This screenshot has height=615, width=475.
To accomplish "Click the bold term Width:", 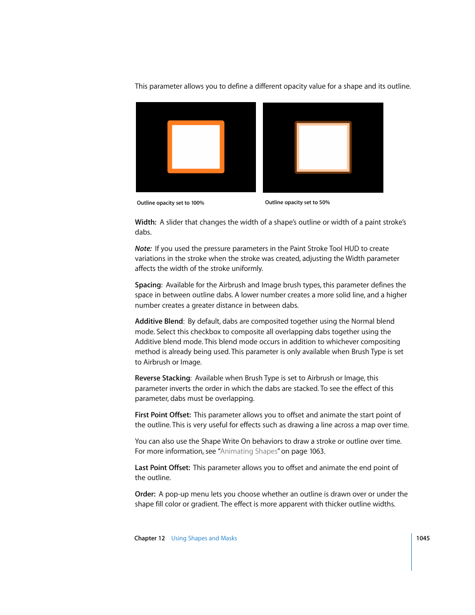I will pyautogui.click(x=145, y=222).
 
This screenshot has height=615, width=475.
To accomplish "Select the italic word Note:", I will pyautogui.click(x=143, y=248).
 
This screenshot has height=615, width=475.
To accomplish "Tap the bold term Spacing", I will pyautogui.click(x=148, y=285).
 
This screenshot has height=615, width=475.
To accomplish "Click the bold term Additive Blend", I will pyautogui.click(x=159, y=321).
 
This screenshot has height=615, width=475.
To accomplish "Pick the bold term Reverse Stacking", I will pyautogui.click(x=162, y=378).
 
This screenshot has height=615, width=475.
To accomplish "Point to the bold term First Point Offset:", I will pyautogui.click(x=163, y=415).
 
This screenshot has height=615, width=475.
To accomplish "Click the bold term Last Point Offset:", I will pyautogui.click(x=162, y=468).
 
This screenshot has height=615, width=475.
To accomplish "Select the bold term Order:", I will pyautogui.click(x=145, y=494).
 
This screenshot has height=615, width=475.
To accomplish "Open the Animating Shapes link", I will pyautogui.click(x=248, y=451).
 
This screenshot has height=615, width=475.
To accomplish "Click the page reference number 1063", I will pyautogui.click(x=316, y=451).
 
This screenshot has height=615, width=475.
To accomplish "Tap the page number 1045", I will pyautogui.click(x=423, y=538).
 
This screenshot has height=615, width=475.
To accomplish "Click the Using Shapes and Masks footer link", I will pyautogui.click(x=204, y=538).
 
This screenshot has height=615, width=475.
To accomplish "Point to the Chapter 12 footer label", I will pyautogui.click(x=149, y=538).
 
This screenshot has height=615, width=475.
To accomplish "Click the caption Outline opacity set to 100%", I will pyautogui.click(x=170, y=203).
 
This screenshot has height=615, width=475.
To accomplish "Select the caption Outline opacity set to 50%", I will pyautogui.click(x=297, y=203).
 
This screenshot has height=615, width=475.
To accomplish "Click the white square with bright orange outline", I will pyautogui.click(x=196, y=147).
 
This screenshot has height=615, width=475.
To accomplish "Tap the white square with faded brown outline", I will pyautogui.click(x=323, y=147).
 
